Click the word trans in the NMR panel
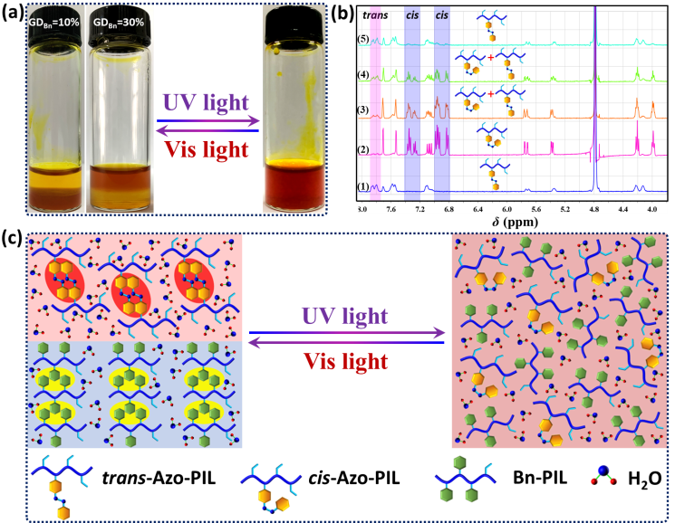(x=374, y=15)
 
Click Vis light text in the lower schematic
(x=346, y=361)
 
